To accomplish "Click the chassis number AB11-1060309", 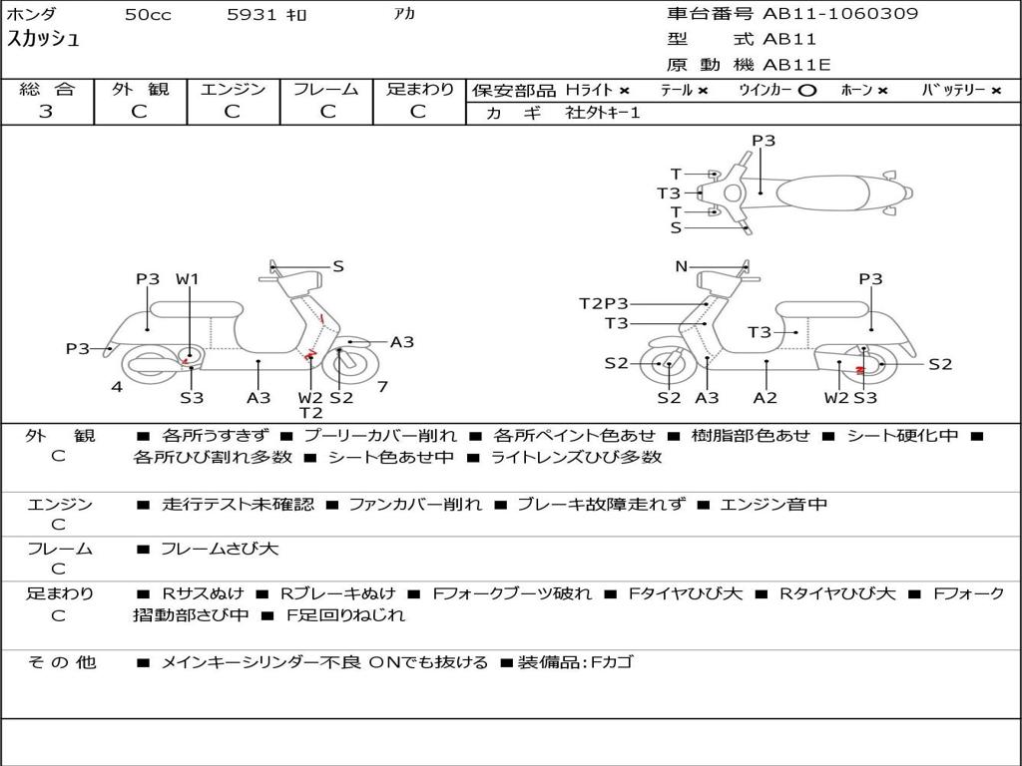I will click(840, 14).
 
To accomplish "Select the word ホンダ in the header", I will click(32, 14).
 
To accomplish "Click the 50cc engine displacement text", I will click(148, 15).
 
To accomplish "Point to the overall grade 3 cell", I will click(46, 112).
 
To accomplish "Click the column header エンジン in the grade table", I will click(233, 89).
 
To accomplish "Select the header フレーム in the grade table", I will click(325, 89).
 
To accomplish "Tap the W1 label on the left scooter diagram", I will click(188, 279).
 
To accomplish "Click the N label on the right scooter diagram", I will click(682, 266).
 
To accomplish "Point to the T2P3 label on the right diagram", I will click(604, 303).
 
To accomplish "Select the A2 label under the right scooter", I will click(766, 398).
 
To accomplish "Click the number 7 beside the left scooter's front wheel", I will click(382, 386).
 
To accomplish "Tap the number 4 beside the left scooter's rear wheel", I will click(117, 386).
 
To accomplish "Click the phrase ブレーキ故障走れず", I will click(601, 505).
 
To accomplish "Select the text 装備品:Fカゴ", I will click(575, 662).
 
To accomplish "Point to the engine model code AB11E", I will click(797, 65).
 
